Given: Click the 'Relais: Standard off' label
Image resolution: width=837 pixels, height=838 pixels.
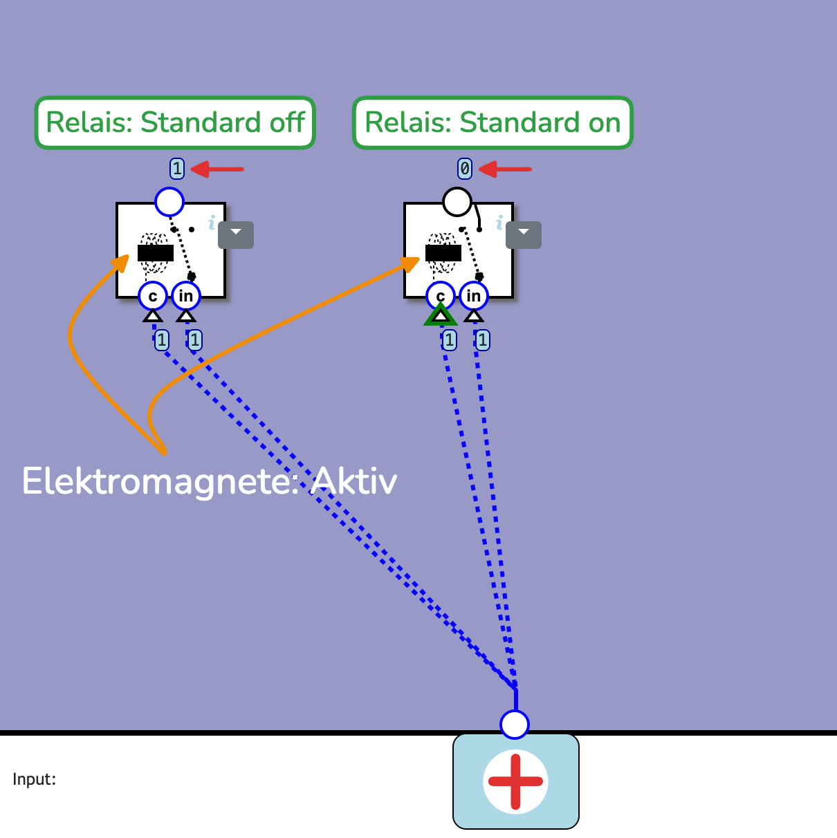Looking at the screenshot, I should click(175, 123).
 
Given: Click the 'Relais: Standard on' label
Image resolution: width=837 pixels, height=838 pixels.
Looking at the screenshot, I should click(493, 123).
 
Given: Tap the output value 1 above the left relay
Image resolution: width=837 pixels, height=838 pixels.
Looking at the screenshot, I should click(177, 168).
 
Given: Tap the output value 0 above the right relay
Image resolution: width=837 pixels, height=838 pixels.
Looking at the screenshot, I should click(465, 168).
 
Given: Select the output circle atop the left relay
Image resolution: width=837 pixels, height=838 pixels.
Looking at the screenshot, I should click(169, 202).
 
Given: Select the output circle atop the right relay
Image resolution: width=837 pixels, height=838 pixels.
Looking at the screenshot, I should click(457, 202).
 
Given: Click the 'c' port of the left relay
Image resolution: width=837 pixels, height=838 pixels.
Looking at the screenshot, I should click(152, 297).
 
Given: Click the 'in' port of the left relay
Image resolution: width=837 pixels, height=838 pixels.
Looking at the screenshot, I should click(185, 296).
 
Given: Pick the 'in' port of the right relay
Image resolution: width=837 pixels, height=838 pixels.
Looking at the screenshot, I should click(473, 296).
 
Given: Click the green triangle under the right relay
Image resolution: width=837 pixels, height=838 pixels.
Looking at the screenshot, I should click(440, 316).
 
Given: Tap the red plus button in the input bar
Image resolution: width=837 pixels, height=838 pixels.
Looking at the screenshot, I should click(515, 781).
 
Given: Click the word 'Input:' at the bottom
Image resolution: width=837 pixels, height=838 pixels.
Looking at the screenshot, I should click(34, 779).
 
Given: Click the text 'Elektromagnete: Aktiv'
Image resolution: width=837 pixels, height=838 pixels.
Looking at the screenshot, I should click(209, 481).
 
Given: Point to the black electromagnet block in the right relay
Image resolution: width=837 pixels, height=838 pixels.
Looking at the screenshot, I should click(443, 253).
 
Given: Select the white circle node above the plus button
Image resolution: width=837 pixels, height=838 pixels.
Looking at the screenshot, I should click(515, 724).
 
